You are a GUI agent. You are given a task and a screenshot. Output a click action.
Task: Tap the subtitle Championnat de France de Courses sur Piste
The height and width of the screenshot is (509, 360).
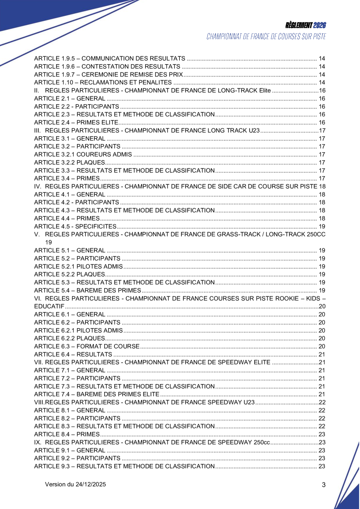tap(266, 37)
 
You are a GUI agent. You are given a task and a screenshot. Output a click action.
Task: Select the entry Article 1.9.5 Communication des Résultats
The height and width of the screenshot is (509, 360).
tap(110, 59)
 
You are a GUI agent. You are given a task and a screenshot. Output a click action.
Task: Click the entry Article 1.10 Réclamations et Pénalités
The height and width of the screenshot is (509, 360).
tap(103, 83)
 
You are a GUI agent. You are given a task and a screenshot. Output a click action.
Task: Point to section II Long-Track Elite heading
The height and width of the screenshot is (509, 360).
tap(153, 90)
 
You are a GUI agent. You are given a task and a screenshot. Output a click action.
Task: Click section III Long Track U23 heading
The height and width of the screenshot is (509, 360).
tap(147, 130)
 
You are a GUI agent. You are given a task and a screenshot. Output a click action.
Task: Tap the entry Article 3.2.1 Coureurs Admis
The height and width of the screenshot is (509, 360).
tap(83, 154)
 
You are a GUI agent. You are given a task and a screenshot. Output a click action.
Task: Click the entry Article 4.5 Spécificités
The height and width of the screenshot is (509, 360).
tap(75, 226)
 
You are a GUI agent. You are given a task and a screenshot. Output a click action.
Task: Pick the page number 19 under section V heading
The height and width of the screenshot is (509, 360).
tap(49, 242)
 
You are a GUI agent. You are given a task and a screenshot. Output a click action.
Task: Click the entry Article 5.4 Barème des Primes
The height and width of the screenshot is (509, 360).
tap(87, 290)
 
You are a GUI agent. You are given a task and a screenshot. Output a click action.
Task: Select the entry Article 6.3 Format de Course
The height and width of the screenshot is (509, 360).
tap(87, 346)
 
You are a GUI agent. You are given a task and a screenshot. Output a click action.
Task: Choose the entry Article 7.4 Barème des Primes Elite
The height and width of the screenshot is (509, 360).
tap(97, 394)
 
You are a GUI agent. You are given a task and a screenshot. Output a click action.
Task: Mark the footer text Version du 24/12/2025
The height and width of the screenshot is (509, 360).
tap(76, 484)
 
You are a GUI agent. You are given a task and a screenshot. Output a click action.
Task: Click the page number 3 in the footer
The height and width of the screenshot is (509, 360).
tap(324, 485)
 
